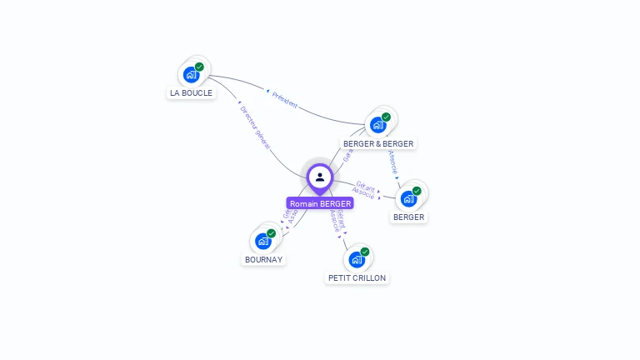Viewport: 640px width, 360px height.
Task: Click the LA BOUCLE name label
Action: [x=191, y=93]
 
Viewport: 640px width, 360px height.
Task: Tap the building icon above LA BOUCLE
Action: [x=192, y=75]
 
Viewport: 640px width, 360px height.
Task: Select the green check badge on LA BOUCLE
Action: [x=199, y=67]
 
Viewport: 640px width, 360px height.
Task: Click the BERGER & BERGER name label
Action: [x=378, y=143]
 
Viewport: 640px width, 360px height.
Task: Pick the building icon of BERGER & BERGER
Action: [x=378, y=125]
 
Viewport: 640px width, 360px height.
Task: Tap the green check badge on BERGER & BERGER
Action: [x=386, y=117]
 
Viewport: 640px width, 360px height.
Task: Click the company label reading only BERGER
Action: [x=409, y=217]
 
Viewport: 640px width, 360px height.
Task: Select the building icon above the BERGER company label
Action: [x=408, y=198]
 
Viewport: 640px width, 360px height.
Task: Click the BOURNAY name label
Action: [x=263, y=259]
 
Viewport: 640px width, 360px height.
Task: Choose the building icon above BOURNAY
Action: [x=263, y=242]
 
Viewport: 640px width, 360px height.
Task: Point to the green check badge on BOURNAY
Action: [x=271, y=233]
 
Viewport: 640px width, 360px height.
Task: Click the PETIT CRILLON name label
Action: [x=357, y=277]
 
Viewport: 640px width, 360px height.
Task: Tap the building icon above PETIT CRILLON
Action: [x=357, y=259]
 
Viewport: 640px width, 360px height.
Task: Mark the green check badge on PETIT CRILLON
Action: [x=364, y=252]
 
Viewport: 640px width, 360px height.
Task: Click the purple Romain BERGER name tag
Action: [x=320, y=203]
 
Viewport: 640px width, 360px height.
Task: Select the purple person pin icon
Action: [x=320, y=177]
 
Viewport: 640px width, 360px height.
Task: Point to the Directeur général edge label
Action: [x=255, y=127]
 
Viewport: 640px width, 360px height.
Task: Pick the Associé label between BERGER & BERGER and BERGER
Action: [x=393, y=162]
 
